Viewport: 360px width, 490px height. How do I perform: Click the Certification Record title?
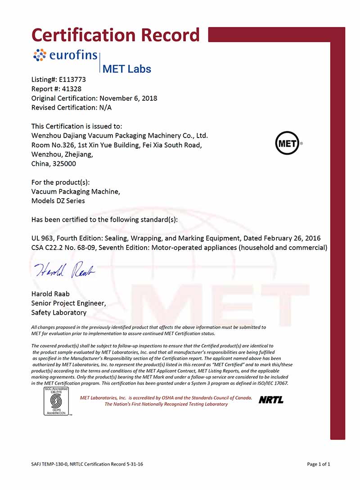[x=115, y=35]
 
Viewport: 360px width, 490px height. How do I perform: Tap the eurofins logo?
[x=65, y=55]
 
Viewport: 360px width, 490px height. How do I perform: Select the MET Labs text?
[x=127, y=69]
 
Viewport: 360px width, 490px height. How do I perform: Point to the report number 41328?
[x=71, y=89]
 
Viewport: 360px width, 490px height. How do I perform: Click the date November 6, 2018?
[x=128, y=98]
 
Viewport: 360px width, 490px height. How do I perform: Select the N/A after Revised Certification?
[x=105, y=107]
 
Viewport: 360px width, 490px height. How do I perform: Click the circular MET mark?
[x=287, y=143]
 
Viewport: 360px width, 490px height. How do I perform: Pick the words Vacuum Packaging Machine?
[x=76, y=192]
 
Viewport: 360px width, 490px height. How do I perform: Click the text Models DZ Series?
[x=58, y=201]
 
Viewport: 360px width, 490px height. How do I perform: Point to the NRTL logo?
[x=271, y=400]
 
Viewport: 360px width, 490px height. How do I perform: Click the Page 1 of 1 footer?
[x=318, y=464]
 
